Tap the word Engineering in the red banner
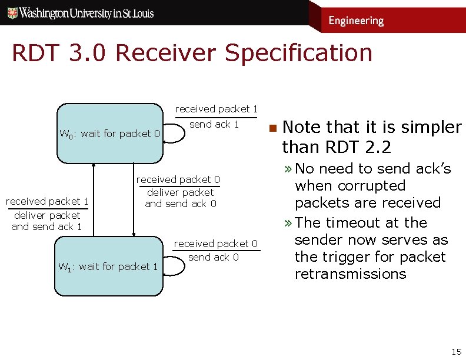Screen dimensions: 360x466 [355, 21]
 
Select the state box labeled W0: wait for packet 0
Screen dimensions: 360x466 [109, 134]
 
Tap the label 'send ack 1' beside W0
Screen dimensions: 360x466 [214, 124]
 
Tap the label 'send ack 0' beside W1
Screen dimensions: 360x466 [214, 257]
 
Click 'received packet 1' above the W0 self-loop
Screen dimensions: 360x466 [216, 109]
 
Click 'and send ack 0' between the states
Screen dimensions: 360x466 [181, 204]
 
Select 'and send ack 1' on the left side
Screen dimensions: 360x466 [46, 226]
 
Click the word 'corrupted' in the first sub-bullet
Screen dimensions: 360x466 [377, 186]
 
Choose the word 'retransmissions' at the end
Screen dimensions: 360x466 [350, 274]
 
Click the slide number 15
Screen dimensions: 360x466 [455, 352]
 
